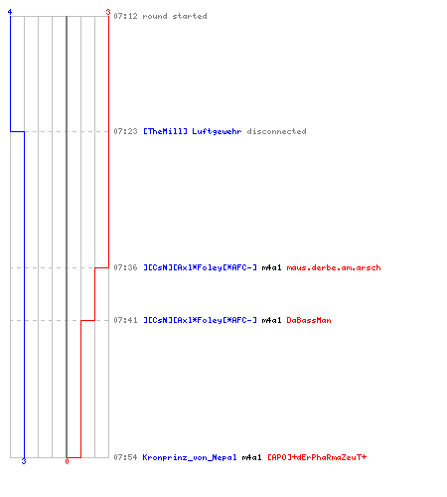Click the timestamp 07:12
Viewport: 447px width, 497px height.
(125, 16)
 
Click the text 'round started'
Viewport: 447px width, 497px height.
(175, 16)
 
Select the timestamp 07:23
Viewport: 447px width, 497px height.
(125, 131)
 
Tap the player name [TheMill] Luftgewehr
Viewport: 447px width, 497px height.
(192, 131)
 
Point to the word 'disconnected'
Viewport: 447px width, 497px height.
(276, 131)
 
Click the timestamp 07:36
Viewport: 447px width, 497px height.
(125, 267)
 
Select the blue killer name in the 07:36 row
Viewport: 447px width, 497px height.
(200, 267)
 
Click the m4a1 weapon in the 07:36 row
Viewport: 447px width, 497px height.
(271, 267)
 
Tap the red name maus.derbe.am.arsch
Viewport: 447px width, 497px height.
(334, 267)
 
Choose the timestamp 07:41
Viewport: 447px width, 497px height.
(125, 320)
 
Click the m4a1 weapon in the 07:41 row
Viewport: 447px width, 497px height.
(271, 320)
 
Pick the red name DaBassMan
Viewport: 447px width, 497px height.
(309, 320)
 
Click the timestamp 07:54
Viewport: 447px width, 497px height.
(125, 457)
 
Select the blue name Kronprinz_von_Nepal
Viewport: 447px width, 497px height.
(190, 457)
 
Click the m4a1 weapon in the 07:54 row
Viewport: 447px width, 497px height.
(251, 457)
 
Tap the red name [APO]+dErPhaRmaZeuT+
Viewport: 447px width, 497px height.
(317, 457)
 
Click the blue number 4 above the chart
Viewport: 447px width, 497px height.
(10, 12)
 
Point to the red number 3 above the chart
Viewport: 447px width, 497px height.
(108, 12)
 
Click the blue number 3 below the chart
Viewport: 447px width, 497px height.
(24, 461)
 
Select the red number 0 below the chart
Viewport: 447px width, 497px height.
(67, 461)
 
